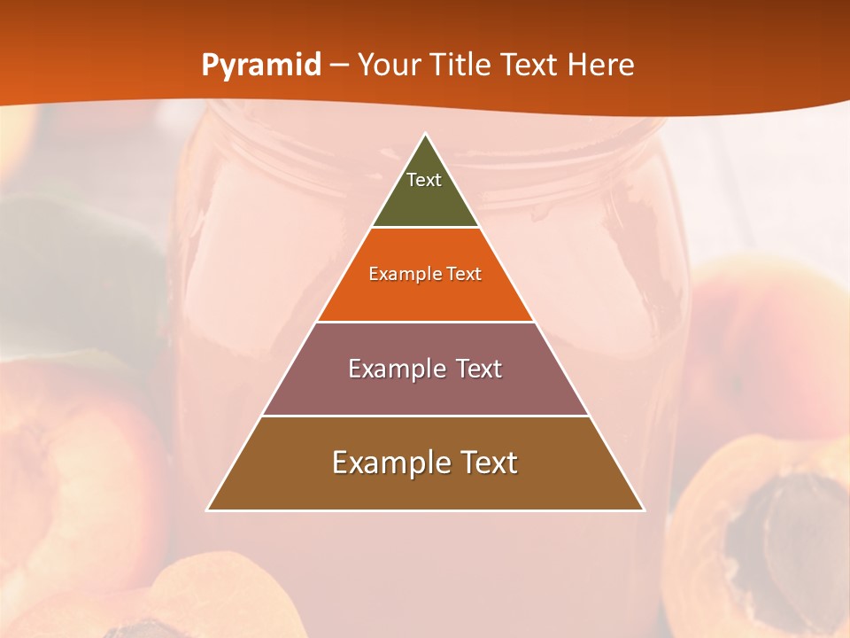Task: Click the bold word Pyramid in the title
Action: pyautogui.click(x=261, y=66)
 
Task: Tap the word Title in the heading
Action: pyautogui.click(x=528, y=66)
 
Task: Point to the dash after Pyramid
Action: pyautogui.click(x=339, y=66)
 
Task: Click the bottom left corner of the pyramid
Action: pyautogui.click(x=207, y=510)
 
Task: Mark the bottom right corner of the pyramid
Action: pyautogui.click(x=644, y=510)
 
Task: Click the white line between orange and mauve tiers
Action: pyautogui.click(x=425, y=322)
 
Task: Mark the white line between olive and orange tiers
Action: pyautogui.click(x=425, y=228)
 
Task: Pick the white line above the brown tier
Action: pyautogui.click(x=425, y=416)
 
